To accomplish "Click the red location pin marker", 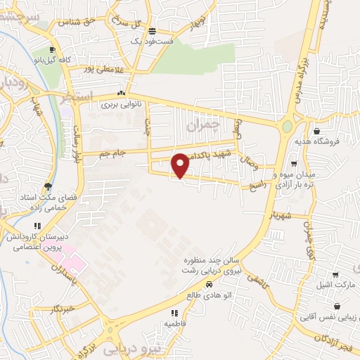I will click(x=181, y=166).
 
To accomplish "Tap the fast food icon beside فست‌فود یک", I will click(x=153, y=32).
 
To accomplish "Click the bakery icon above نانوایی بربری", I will click(x=122, y=93).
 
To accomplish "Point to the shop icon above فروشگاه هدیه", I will click(x=317, y=131).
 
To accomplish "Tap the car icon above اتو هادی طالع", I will click(x=210, y=285).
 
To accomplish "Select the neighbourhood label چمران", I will click(x=203, y=126).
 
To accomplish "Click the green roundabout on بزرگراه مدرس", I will click(x=287, y=127).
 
